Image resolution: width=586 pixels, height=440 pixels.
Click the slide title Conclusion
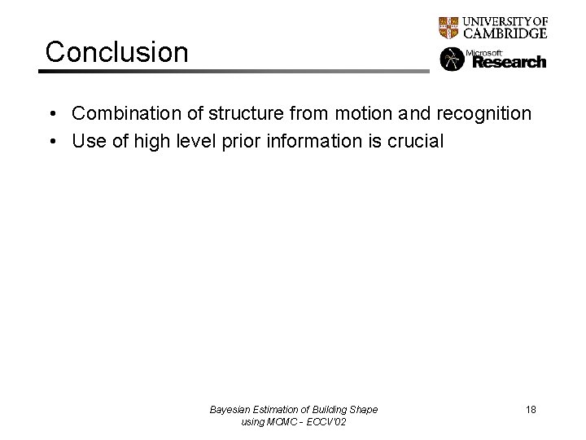tap(116, 51)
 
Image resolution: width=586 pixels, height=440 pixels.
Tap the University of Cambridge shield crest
tap(448, 28)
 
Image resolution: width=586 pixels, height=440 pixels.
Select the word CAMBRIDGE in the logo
tap(505, 33)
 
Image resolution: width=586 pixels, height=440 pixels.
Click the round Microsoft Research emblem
tap(451, 59)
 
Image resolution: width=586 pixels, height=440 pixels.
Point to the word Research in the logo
tap(509, 62)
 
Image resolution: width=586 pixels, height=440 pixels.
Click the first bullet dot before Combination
tap(51, 114)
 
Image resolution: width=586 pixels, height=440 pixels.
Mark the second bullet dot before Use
tap(51, 142)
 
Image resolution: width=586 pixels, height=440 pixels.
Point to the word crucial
tap(415, 142)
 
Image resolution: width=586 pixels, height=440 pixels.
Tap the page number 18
tap(531, 410)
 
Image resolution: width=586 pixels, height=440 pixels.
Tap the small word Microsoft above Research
tap(481, 52)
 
